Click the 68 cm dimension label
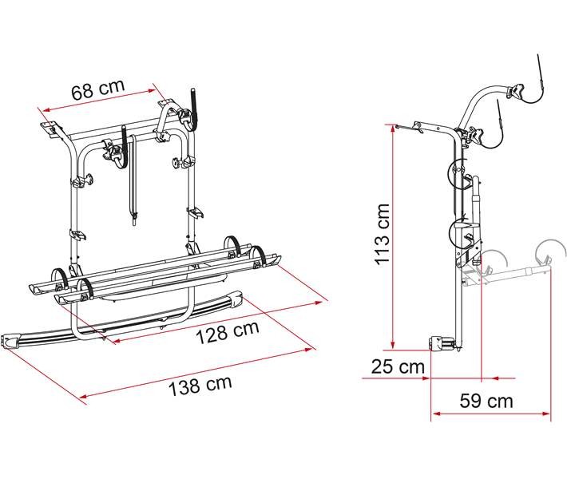click(x=98, y=89)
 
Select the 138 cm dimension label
click(x=200, y=385)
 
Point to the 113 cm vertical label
click(x=382, y=234)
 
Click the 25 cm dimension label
click(x=398, y=367)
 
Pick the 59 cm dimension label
click(x=486, y=401)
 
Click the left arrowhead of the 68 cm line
click(x=46, y=110)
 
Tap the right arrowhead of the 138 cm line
click(x=310, y=349)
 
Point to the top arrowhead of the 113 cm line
click(x=392, y=128)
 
